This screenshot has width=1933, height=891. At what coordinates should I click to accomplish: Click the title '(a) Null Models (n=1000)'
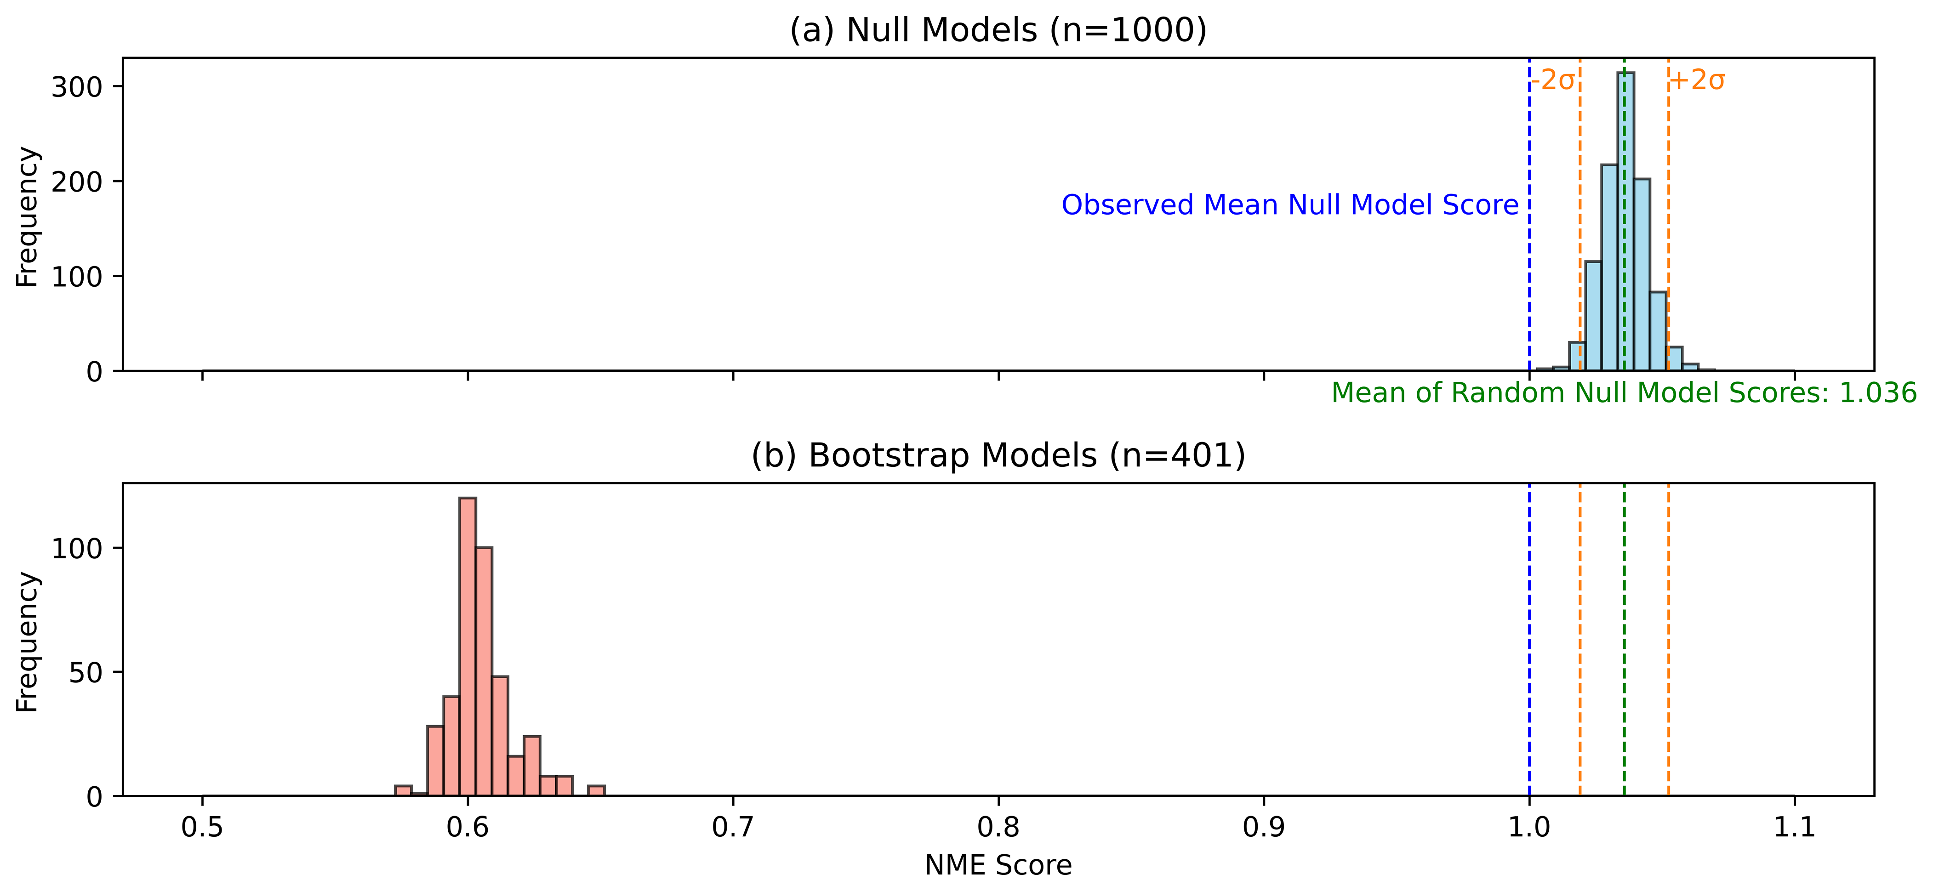click(x=998, y=30)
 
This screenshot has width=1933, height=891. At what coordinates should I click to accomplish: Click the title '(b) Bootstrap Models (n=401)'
click(x=998, y=455)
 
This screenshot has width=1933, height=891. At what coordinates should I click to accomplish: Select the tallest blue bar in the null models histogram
click(x=1625, y=222)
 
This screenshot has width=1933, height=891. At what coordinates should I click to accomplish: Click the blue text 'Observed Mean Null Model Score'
click(x=1290, y=205)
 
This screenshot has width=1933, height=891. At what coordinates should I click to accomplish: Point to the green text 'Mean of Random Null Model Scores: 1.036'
click(x=1624, y=393)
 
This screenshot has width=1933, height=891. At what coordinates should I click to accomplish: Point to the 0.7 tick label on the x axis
click(x=733, y=827)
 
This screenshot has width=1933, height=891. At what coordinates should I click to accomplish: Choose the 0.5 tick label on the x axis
click(x=202, y=827)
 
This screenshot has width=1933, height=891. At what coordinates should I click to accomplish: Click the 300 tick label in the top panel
click(x=77, y=87)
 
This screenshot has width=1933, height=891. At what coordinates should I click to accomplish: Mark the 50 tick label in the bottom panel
click(x=86, y=672)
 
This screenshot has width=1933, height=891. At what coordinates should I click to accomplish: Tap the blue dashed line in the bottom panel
click(x=1529, y=640)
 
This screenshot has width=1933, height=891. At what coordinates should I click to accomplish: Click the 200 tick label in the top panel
click(x=77, y=182)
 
